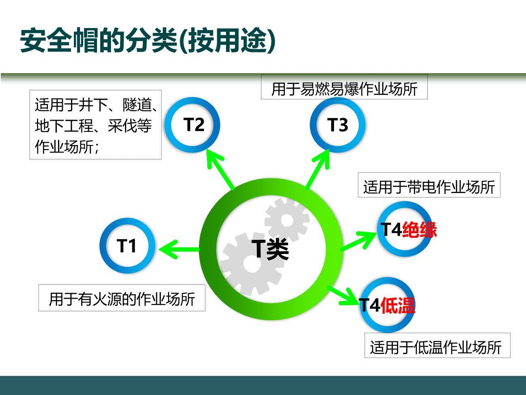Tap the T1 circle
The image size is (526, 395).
(x=127, y=246)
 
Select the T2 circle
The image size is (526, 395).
(x=193, y=124)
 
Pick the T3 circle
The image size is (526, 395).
(x=337, y=125)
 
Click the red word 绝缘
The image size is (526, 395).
(x=419, y=230)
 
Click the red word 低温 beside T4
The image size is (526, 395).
(x=398, y=306)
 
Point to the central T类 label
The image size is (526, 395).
(x=270, y=249)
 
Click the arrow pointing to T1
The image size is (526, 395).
(x=179, y=249)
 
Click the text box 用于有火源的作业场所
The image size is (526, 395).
(x=122, y=299)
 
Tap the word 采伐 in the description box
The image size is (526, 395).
(x=122, y=126)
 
